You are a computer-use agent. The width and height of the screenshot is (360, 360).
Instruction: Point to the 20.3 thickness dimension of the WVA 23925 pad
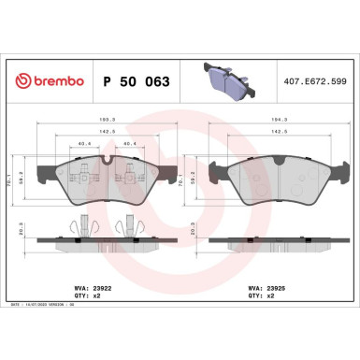point(194,226)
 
